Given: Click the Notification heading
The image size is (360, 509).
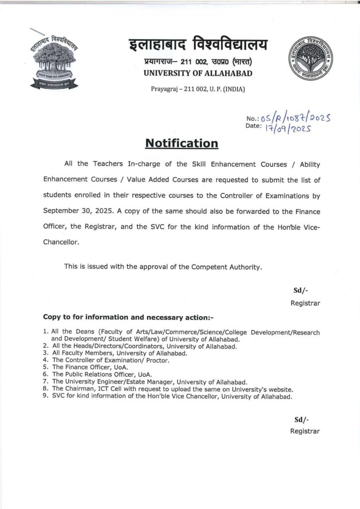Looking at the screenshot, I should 181,144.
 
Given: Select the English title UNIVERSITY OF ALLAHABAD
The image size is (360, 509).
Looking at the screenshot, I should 197,74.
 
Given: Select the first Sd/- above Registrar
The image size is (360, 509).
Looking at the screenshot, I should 301,291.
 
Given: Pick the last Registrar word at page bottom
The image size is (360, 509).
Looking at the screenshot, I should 305,431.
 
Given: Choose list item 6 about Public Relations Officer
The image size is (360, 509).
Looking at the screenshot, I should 101,373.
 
